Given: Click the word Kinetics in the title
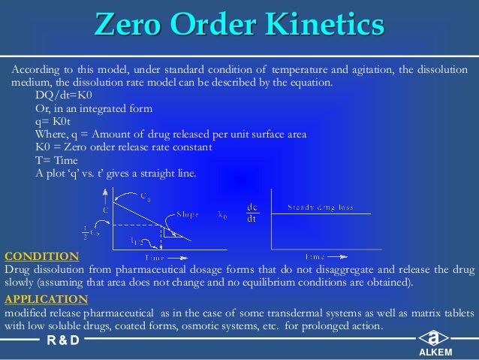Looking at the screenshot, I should pos(324,27).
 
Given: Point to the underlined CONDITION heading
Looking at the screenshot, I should pos(41,256).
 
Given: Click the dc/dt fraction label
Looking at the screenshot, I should pos(253,213).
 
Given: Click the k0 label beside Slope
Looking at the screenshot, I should pos(222,215).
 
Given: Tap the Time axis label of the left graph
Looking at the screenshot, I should pos(155,257).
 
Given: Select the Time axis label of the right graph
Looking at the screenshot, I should pos(315,256).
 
